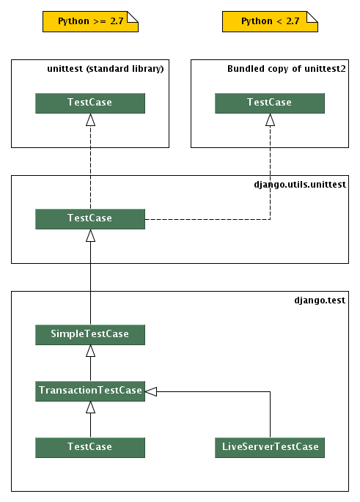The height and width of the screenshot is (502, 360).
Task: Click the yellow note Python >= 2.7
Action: [x=90, y=22]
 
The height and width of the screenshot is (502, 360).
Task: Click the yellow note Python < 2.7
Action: [x=270, y=22]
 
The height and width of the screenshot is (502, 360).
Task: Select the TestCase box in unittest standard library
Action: [x=90, y=103]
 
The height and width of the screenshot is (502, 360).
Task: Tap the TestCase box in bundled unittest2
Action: [x=270, y=103]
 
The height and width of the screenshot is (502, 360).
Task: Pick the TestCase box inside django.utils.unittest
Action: [x=90, y=218]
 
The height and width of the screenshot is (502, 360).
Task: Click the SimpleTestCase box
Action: [x=90, y=334]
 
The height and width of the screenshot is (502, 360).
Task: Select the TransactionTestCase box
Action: [x=90, y=390]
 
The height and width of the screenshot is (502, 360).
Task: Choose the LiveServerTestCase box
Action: [x=270, y=446]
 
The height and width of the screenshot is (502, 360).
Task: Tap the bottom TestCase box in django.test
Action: [x=90, y=446]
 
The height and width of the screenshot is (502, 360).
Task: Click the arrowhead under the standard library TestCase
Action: [x=90, y=120]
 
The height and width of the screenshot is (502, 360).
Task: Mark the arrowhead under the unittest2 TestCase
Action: [x=270, y=120]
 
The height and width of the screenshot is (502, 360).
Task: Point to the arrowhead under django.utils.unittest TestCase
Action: [x=90, y=236]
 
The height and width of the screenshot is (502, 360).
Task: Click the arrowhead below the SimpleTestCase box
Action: [x=90, y=351]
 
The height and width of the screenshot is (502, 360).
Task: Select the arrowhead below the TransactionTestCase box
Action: [x=90, y=407]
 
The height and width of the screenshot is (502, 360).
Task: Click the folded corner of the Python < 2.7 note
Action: [x=313, y=16]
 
